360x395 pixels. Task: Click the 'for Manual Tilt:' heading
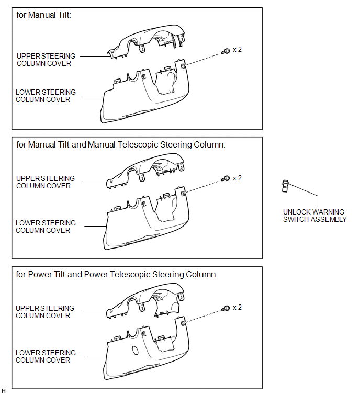coord(43,15)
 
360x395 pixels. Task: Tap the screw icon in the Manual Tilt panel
coord(226,51)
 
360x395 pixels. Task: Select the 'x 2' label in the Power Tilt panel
coord(237,308)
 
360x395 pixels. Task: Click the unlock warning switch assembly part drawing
coord(285,186)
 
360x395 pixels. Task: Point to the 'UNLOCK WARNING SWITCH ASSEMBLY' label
coord(314,216)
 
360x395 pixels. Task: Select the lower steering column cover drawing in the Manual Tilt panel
coord(144,92)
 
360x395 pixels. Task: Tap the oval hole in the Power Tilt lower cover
coord(135,350)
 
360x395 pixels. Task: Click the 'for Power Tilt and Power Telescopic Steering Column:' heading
coord(117,274)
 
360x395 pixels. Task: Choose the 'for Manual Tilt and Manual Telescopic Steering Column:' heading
coord(121,145)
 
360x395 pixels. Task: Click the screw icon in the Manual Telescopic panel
coord(226,178)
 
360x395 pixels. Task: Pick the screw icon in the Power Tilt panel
coord(226,308)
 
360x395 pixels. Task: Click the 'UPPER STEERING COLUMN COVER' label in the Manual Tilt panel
coord(46,60)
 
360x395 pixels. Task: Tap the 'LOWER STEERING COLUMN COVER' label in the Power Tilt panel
coord(46,356)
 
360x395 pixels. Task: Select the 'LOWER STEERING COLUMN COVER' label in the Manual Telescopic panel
coord(46,227)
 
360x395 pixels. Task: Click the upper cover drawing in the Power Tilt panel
coord(145,301)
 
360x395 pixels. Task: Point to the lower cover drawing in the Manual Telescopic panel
coord(146,218)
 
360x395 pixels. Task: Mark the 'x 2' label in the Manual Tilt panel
coord(237,50)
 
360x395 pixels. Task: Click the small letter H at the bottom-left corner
coord(3,391)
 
